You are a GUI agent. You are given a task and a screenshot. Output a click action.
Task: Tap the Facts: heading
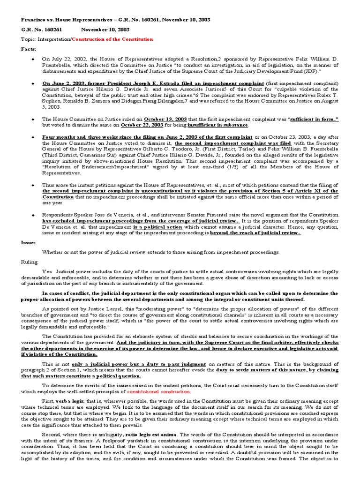[x=28, y=49]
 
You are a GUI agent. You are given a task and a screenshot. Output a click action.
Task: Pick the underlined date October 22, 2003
[x=140, y=125]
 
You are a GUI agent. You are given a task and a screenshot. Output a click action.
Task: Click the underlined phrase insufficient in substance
[x=219, y=125]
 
